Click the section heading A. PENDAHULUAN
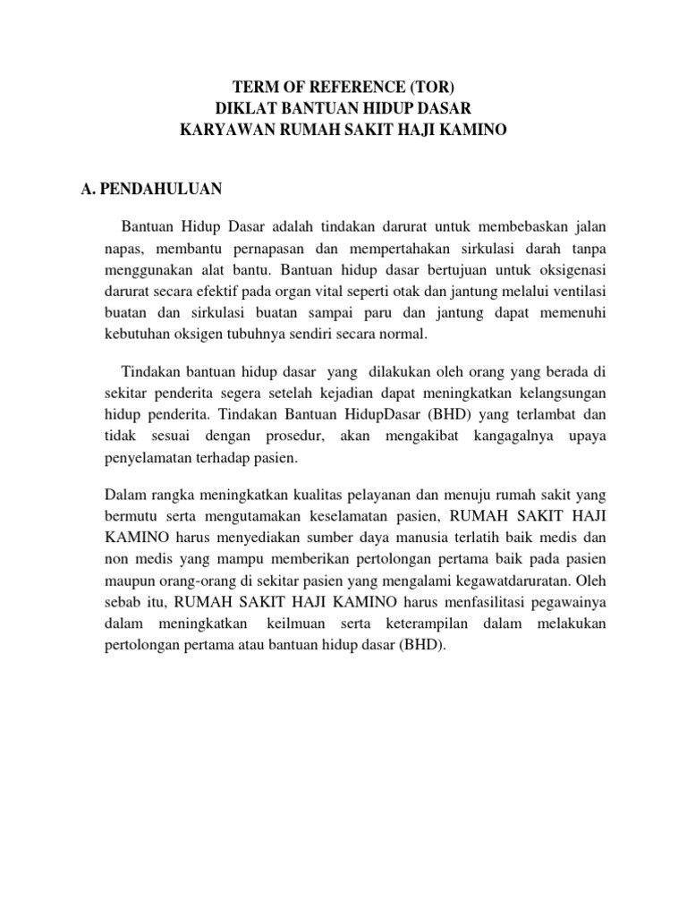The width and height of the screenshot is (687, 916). coord(153,189)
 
